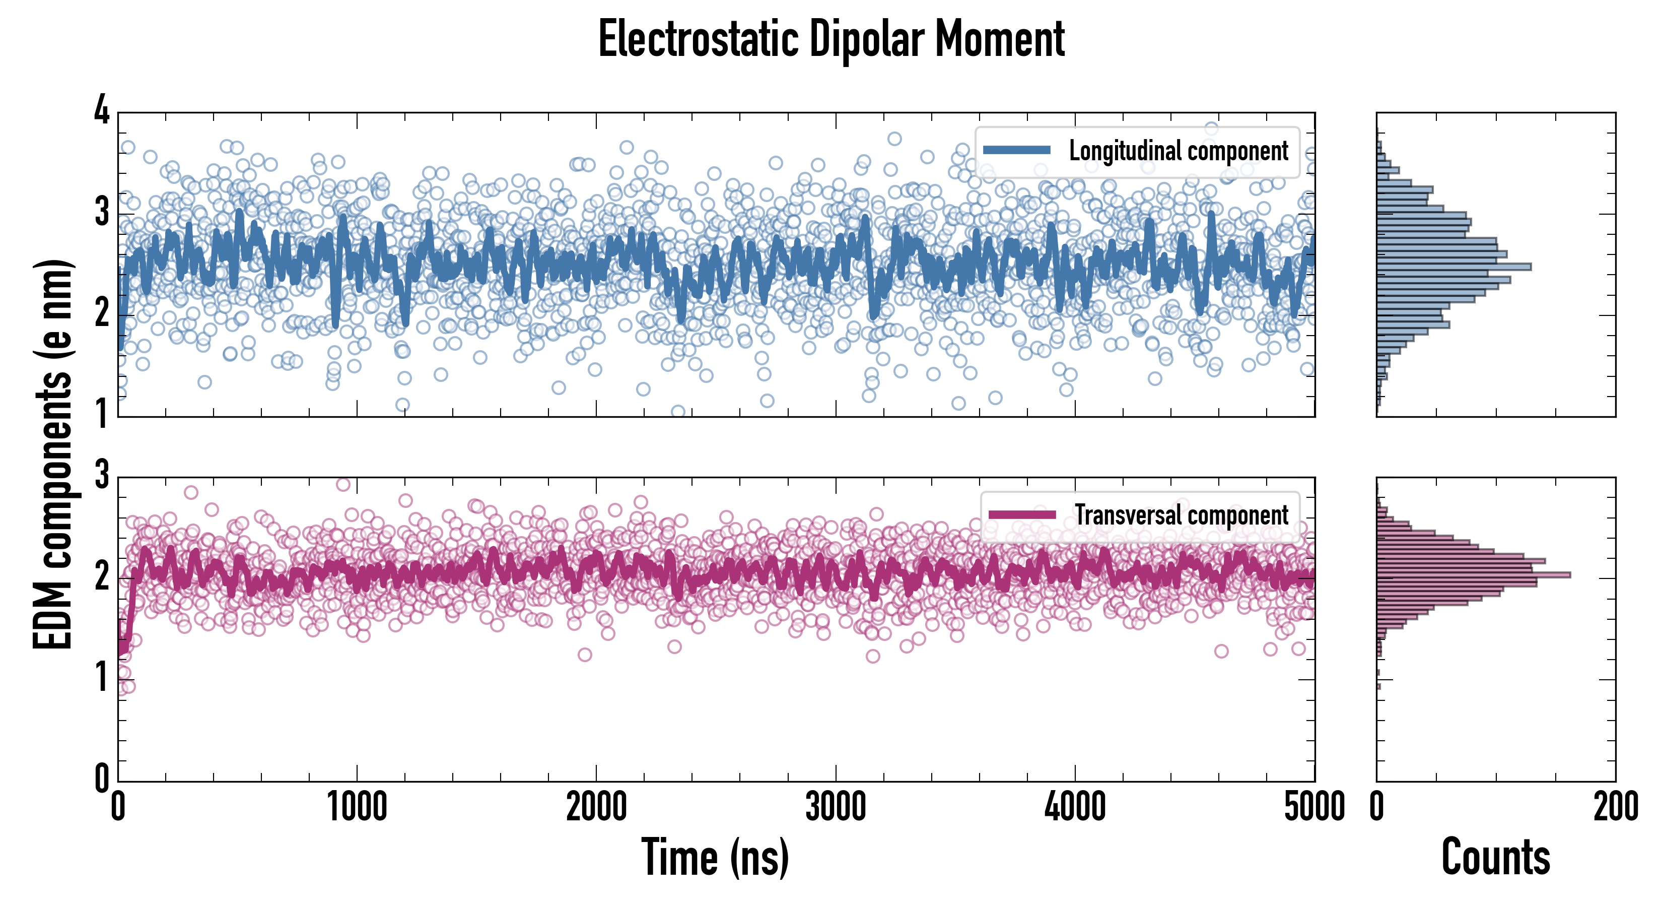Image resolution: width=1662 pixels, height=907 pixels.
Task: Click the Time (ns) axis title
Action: pyautogui.click(x=715, y=857)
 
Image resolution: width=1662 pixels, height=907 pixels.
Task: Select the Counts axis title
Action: pyautogui.click(x=1495, y=857)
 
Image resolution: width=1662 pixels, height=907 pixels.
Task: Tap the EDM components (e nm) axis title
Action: pyautogui.click(x=53, y=455)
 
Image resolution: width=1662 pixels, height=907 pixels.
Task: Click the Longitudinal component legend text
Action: pyautogui.click(x=1178, y=151)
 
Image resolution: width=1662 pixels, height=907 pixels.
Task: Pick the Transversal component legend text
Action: pyautogui.click(x=1182, y=515)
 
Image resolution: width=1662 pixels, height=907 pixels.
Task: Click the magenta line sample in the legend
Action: pyautogui.click(x=1022, y=514)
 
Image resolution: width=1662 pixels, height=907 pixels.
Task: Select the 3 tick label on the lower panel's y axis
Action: pyautogui.click(x=102, y=476)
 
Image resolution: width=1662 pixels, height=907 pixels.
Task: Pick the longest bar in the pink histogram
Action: pyautogui.click(x=1473, y=574)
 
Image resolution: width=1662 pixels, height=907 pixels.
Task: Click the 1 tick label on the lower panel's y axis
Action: pyautogui.click(x=102, y=678)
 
